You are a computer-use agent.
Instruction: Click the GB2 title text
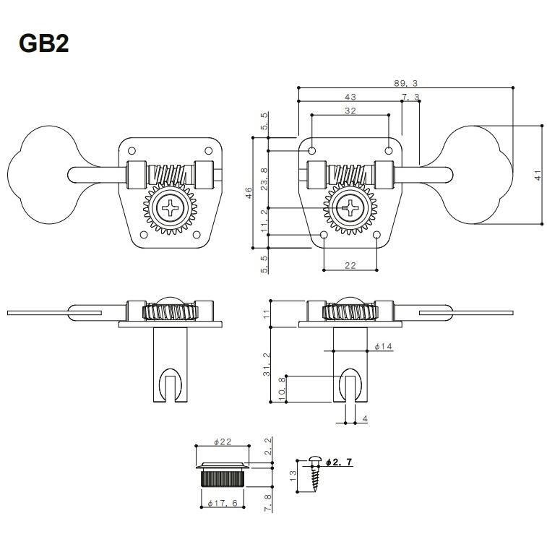click(44, 43)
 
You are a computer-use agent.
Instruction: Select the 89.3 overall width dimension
click(405, 83)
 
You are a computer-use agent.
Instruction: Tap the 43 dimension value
click(350, 97)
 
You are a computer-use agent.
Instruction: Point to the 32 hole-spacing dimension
click(350, 111)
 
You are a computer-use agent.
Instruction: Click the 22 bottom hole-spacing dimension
click(350, 265)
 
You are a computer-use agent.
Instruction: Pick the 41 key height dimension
click(538, 175)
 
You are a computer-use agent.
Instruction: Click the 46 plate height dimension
click(249, 192)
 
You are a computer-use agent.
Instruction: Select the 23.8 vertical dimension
click(264, 179)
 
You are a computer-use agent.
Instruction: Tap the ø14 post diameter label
click(384, 346)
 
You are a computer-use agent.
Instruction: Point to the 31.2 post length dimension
click(267, 364)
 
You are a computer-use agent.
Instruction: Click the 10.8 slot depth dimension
click(283, 388)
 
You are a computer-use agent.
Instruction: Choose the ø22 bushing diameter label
click(223, 442)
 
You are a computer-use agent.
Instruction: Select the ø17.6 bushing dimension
click(223, 503)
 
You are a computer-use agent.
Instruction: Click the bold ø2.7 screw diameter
click(339, 462)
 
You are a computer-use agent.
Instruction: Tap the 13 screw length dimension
click(293, 476)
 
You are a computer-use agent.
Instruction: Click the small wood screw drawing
click(315, 473)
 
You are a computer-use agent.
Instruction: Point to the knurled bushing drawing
click(223, 474)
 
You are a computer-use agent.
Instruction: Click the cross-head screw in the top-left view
click(170, 208)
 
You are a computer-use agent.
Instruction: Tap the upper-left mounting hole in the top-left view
click(132, 151)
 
